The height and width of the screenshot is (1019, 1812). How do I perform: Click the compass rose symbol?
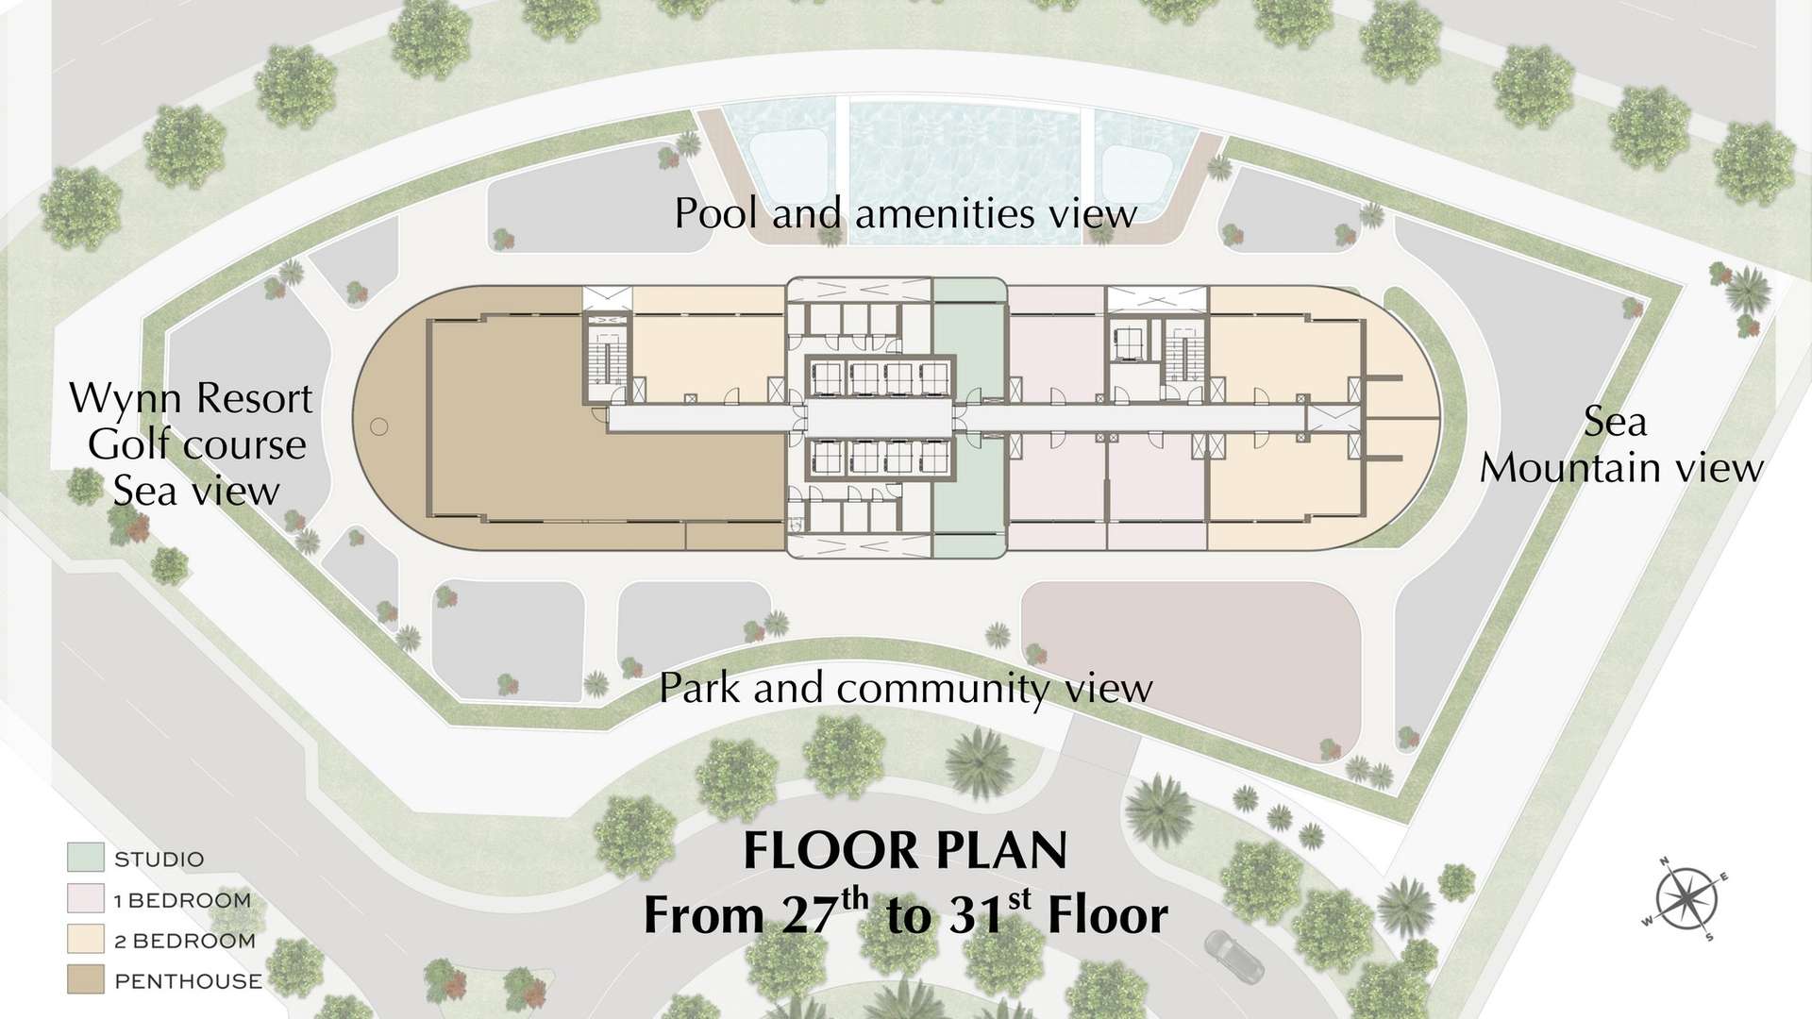coord(1686,899)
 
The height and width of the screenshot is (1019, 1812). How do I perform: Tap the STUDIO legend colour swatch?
coord(85,858)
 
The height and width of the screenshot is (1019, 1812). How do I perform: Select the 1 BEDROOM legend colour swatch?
coord(85,898)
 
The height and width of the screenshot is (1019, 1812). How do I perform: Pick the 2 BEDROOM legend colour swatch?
coord(85,939)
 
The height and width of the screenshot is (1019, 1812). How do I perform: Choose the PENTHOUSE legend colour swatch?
coord(85,979)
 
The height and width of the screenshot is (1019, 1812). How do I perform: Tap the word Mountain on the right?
coord(1554,468)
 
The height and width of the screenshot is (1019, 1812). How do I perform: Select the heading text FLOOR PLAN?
coord(905,850)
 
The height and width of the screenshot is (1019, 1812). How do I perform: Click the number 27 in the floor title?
coord(811,915)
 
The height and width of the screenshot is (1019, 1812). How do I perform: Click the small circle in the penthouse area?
coord(379,426)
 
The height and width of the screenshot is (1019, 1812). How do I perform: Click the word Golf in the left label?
coord(128,444)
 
